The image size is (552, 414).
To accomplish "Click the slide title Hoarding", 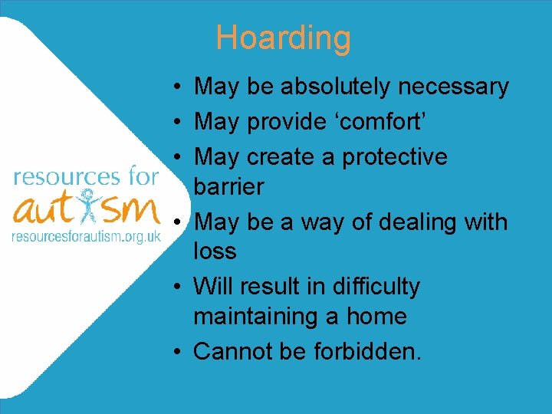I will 283,38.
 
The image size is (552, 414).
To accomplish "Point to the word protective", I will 394,156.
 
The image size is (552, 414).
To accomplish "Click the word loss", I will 215,251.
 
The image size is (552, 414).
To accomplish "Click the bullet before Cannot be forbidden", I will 176,352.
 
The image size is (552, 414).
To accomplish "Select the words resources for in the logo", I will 86,178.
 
